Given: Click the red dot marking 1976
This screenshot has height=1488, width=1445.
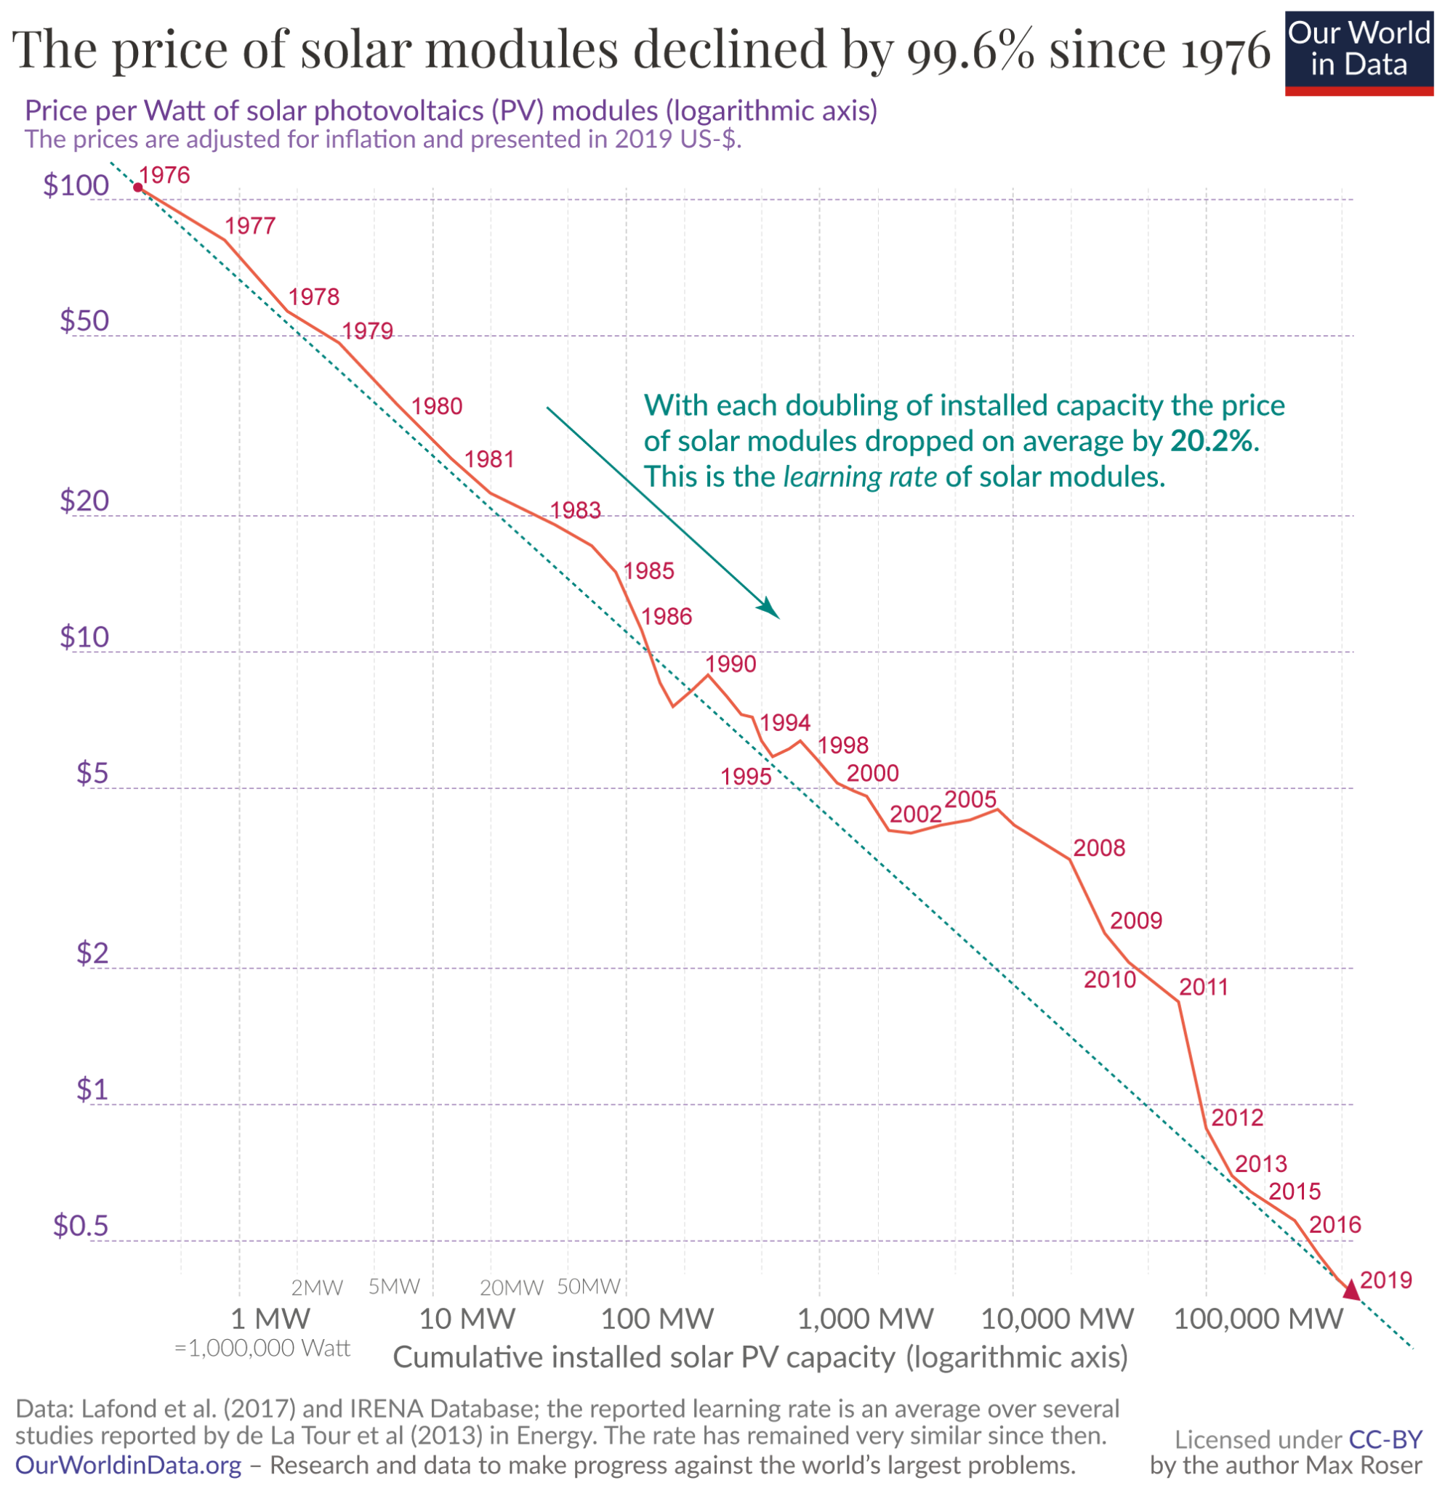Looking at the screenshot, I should (x=137, y=187).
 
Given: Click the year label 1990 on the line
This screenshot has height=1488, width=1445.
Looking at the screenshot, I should (x=730, y=664).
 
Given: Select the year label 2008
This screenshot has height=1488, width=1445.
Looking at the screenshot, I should (x=1099, y=848).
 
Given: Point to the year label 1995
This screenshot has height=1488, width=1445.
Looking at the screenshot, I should (x=746, y=777).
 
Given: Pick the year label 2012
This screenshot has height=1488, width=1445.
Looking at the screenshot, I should (x=1237, y=1117).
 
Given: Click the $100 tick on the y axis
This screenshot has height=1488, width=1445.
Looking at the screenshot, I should (x=76, y=186).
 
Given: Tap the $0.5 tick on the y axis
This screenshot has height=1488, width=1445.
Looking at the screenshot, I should (x=81, y=1226).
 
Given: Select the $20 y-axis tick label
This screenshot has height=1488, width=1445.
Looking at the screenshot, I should (x=84, y=501).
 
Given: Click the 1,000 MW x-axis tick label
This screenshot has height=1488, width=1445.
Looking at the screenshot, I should (x=865, y=1319).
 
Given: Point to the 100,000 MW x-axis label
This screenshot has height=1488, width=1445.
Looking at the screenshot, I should (x=1258, y=1319).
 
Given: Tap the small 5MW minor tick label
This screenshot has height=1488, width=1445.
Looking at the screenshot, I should (x=394, y=1287).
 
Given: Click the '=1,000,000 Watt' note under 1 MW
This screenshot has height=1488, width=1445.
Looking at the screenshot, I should (x=262, y=1348).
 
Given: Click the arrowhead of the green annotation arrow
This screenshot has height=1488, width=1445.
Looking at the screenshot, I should (x=770, y=610).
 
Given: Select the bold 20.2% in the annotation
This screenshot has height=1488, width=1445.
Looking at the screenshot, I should (x=1213, y=441).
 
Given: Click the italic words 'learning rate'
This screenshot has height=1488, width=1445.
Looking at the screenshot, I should (x=861, y=477).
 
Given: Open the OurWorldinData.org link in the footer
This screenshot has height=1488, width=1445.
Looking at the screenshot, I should (x=128, y=1465).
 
